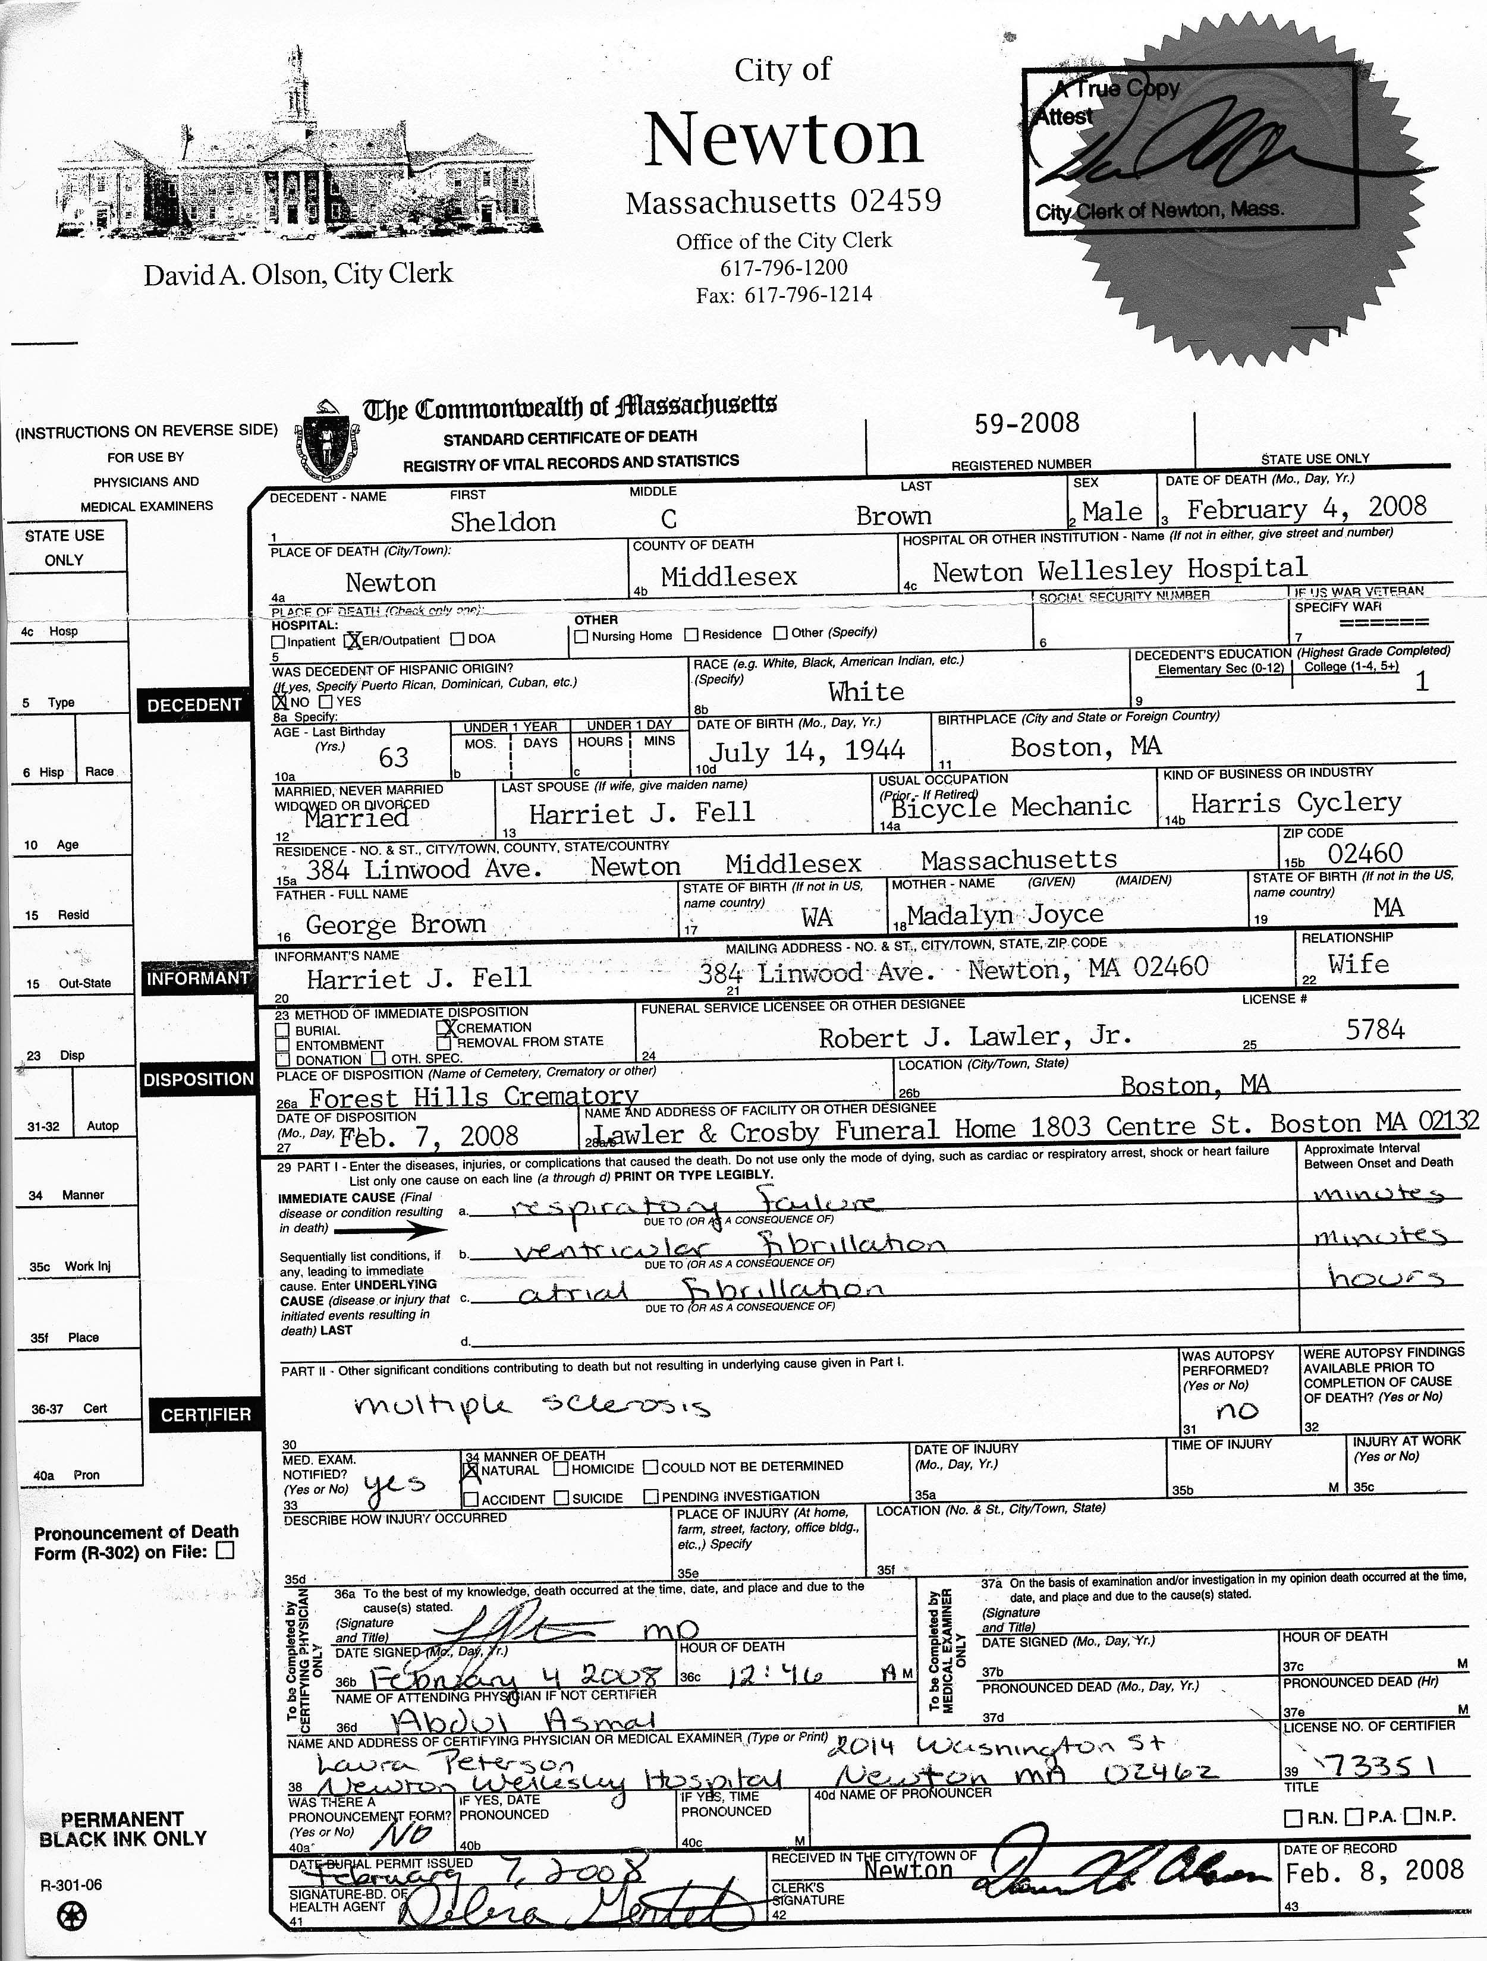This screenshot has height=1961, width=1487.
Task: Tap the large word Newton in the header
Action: click(784, 139)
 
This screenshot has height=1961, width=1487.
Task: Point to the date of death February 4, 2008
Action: click(1306, 508)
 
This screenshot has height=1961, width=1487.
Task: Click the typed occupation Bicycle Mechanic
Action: click(1011, 807)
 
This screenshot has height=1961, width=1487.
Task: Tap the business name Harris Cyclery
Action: click(1296, 803)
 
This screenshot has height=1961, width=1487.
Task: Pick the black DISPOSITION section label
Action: click(198, 1079)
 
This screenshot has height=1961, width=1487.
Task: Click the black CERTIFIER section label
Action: click(206, 1415)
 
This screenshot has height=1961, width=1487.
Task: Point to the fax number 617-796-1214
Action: click(784, 294)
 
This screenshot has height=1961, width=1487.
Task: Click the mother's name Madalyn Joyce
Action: click(1005, 914)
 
